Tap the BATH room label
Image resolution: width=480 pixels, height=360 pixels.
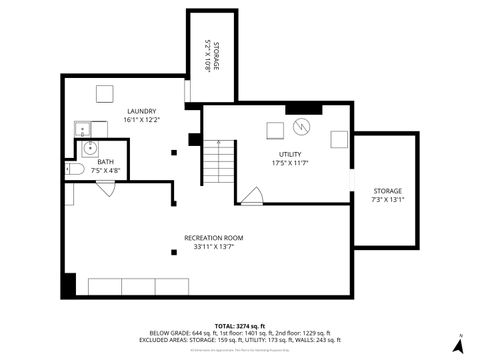coord(105,162)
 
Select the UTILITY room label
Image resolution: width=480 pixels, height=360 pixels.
coord(290,153)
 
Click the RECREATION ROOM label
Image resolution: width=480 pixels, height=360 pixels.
coord(214,237)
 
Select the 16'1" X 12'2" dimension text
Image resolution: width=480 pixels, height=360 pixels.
coord(142,120)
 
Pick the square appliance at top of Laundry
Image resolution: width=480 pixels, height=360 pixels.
coord(104,93)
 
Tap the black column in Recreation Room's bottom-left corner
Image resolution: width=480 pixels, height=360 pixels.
coord(68,284)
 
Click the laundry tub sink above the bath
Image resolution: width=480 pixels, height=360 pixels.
coord(83,127)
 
